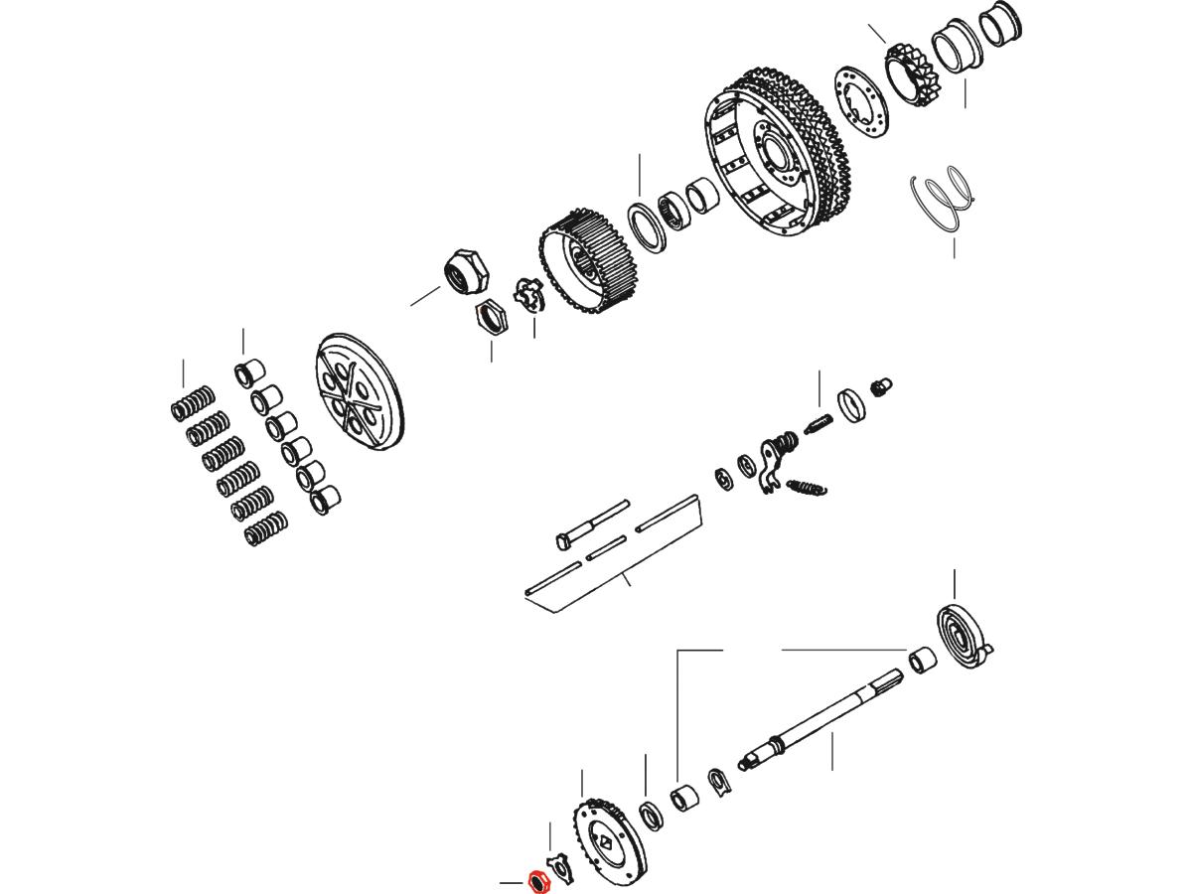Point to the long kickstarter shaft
(x=824, y=717)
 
